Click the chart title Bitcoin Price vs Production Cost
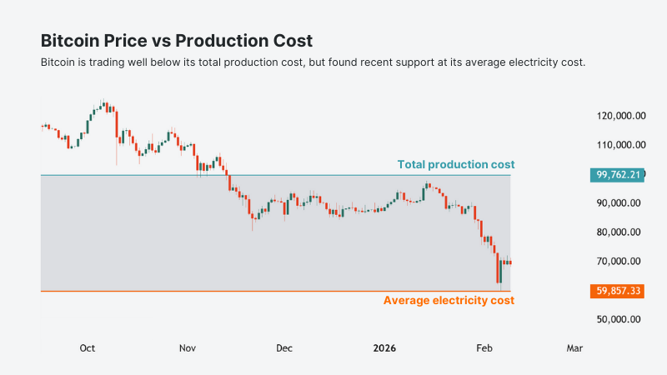177,41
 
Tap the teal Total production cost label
455,164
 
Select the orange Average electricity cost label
449,300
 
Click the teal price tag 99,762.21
617,175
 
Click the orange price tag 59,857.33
617,291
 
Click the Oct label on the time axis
88,348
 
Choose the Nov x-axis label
188,348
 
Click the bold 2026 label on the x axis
384,348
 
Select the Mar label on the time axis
574,348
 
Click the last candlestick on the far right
509,262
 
